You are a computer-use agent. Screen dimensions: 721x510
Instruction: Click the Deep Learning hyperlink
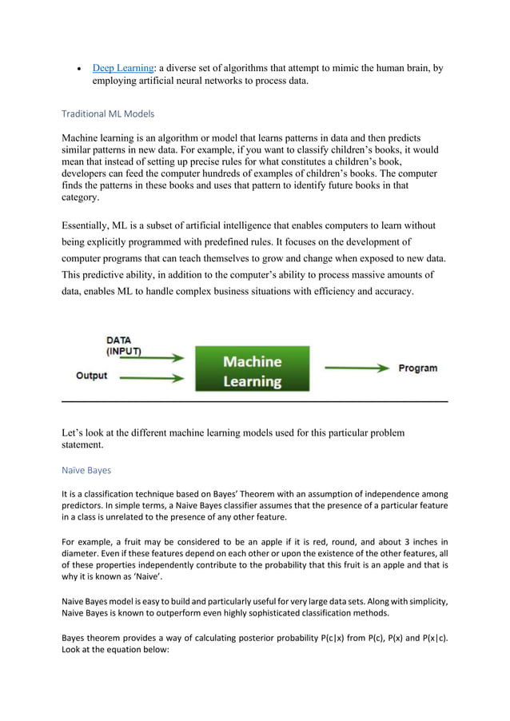tap(124, 68)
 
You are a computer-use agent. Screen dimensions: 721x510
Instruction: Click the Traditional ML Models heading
tap(108, 114)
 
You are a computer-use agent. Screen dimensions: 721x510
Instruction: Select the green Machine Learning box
tap(252, 368)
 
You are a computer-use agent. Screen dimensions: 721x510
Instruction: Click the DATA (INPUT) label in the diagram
tap(124, 345)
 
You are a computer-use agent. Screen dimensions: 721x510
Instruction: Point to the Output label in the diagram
tap(92, 375)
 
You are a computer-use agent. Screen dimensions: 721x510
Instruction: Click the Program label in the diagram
tap(417, 368)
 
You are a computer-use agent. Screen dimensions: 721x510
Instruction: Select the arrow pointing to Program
tap(357, 368)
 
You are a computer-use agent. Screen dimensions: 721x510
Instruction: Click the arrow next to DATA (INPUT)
tap(164, 358)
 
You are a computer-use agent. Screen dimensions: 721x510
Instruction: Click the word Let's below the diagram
tap(75, 433)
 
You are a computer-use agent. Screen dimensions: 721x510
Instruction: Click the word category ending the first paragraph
tap(80, 197)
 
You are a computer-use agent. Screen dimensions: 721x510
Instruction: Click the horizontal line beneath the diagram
tap(255, 400)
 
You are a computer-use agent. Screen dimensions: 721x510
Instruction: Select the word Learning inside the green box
tap(252, 380)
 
